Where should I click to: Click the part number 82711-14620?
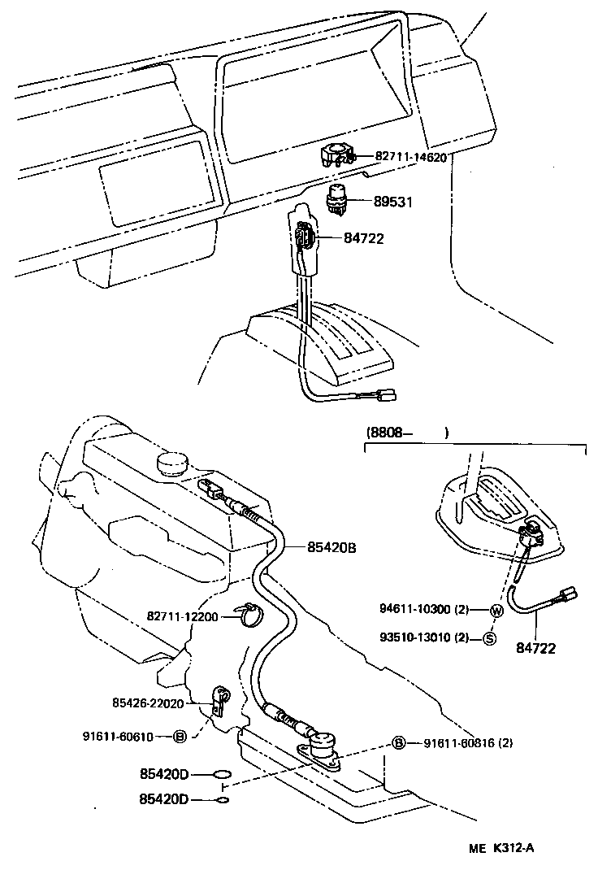point(410,157)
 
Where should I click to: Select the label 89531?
point(392,201)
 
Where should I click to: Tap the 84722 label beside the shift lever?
point(363,238)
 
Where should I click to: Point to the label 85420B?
point(332,547)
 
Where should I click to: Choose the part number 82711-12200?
point(183,617)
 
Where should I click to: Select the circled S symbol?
point(489,637)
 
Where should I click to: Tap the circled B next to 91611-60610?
point(180,737)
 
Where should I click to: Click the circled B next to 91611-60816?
point(399,742)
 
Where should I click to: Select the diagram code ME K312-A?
point(501,848)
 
